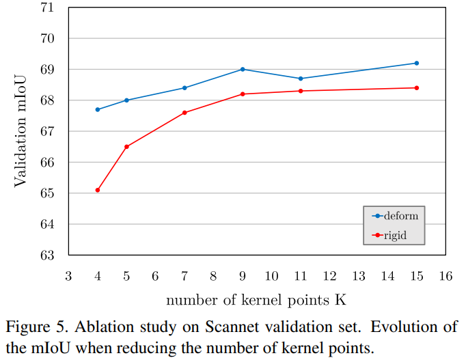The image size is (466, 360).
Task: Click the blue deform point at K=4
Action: click(x=98, y=109)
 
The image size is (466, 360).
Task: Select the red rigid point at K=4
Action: click(x=98, y=190)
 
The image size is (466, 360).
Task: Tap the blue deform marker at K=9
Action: click(x=243, y=69)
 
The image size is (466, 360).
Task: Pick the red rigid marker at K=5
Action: click(x=126, y=146)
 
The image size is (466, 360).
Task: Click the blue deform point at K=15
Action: click(x=416, y=63)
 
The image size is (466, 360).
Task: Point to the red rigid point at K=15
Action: click(x=416, y=87)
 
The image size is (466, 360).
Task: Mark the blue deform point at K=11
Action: click(x=301, y=79)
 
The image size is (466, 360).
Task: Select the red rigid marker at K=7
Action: click(x=184, y=112)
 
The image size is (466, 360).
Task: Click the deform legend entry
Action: click(x=394, y=216)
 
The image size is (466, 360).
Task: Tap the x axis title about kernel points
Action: click(x=256, y=300)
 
